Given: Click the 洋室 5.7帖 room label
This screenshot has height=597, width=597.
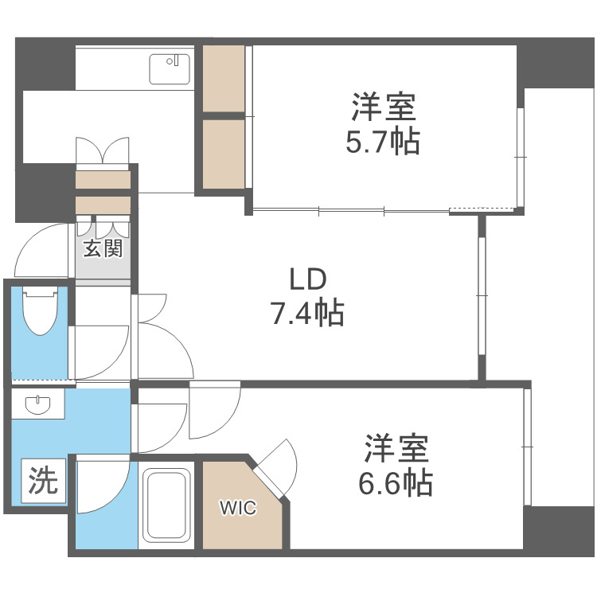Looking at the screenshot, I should tap(382, 123).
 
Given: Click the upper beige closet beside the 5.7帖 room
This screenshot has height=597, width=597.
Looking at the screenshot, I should tap(224, 80).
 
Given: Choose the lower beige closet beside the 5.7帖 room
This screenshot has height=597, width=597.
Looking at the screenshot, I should tap(224, 154).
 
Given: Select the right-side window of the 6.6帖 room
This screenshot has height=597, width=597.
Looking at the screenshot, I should tap(527, 446).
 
